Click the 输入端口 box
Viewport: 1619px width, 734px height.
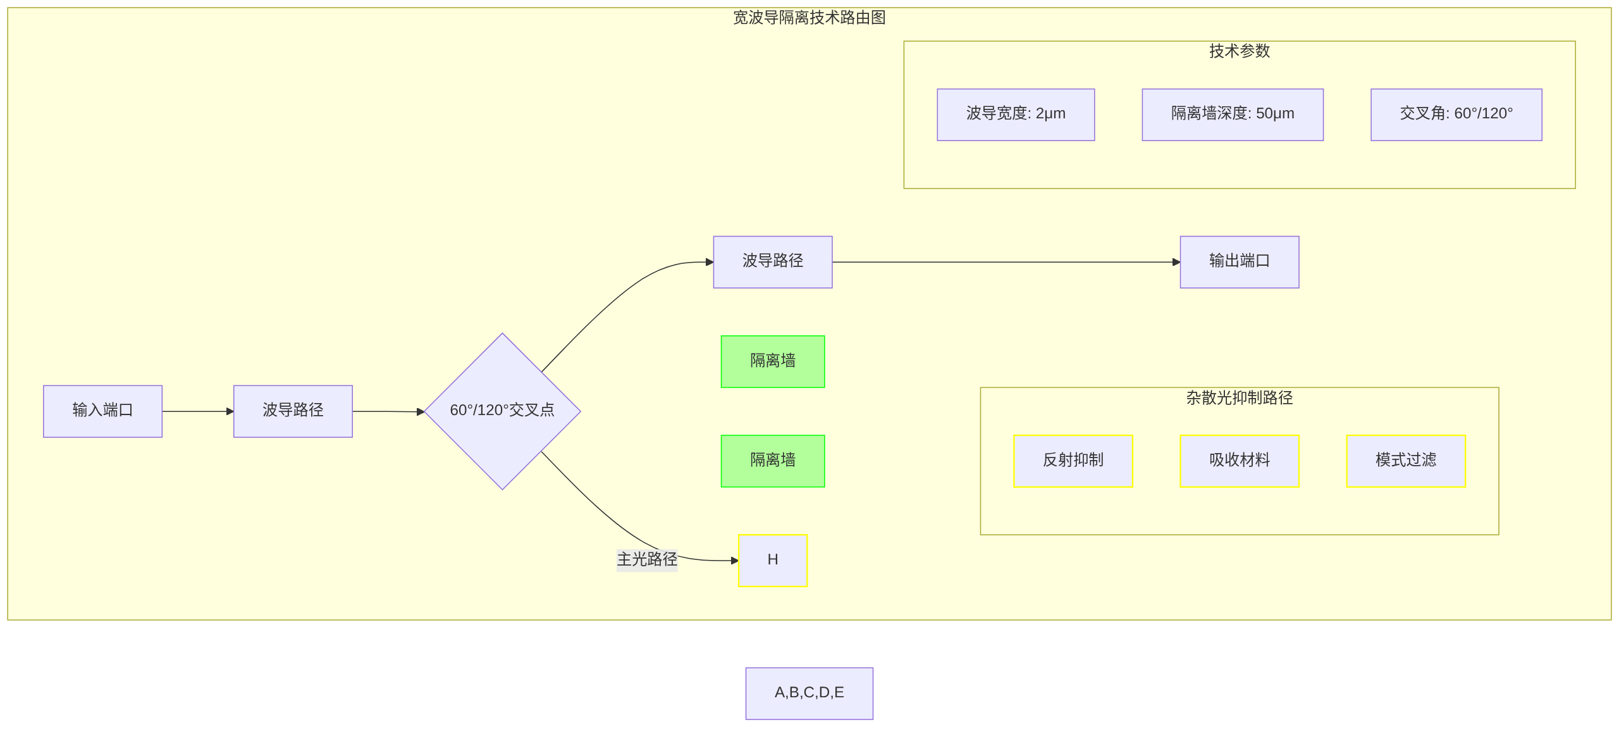coord(102,411)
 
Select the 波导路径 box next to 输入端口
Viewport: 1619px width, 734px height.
coord(293,411)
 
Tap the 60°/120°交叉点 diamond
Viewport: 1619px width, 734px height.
coord(502,411)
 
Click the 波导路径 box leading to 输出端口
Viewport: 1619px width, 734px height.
coord(772,261)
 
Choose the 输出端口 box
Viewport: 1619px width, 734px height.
coord(1239,261)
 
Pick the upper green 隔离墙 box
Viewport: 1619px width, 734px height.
coord(772,361)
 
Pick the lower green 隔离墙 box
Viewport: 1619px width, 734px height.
coord(772,461)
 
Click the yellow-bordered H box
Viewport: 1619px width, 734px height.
coord(772,560)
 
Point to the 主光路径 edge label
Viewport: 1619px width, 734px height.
coord(646,559)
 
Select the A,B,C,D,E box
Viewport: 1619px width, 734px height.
coord(809,693)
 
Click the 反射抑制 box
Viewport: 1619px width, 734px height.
coord(1073,461)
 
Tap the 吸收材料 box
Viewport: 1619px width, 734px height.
coord(1239,461)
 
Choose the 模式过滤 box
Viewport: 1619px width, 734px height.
coord(1405,461)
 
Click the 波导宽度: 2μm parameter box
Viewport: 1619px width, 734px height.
coord(1015,114)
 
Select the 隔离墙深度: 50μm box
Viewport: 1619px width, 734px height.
coord(1232,114)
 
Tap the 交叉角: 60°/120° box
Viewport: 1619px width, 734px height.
coord(1456,114)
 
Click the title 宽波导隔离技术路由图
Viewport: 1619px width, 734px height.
coord(809,18)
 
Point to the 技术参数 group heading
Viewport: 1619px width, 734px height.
coord(1239,51)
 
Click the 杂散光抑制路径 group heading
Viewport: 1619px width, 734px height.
coord(1239,397)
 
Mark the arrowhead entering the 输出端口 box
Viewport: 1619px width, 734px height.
coord(1176,262)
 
